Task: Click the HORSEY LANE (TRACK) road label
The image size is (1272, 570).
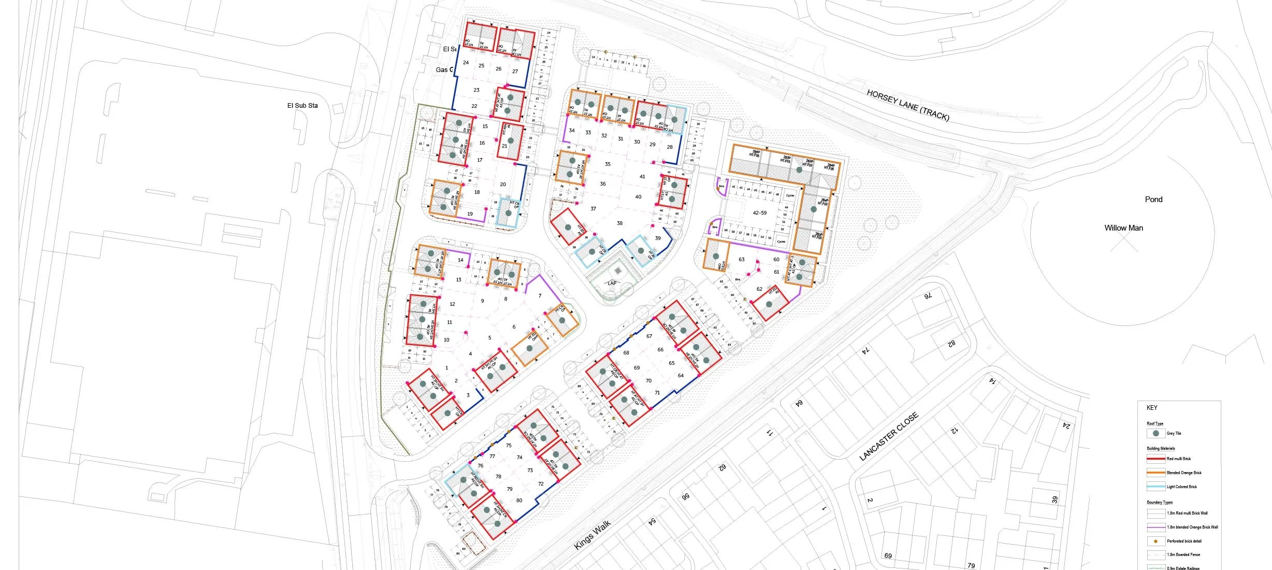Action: [908, 105]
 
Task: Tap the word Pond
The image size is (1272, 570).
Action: [1153, 199]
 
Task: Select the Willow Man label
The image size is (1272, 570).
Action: [1123, 228]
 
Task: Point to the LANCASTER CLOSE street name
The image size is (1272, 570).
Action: [889, 436]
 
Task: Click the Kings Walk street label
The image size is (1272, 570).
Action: [592, 535]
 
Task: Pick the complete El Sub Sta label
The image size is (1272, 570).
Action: [302, 106]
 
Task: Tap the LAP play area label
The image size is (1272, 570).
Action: [612, 283]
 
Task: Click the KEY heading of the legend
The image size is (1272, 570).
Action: [1152, 408]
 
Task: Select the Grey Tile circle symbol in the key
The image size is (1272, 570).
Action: [1155, 433]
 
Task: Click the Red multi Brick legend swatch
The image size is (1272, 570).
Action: [1155, 459]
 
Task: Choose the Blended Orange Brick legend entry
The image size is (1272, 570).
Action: [1183, 473]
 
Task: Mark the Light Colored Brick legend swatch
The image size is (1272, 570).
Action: [1155, 487]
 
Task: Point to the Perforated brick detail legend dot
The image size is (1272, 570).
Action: [1155, 541]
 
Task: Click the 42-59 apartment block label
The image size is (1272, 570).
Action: [759, 213]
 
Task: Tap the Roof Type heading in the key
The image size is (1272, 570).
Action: [1155, 423]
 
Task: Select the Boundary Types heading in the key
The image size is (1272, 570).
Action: [1160, 502]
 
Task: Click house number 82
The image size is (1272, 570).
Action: [951, 343]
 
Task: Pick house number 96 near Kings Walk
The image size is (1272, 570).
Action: [686, 496]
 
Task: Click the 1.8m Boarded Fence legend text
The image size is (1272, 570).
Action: [1183, 554]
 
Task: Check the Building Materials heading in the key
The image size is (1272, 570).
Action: [1161, 448]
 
